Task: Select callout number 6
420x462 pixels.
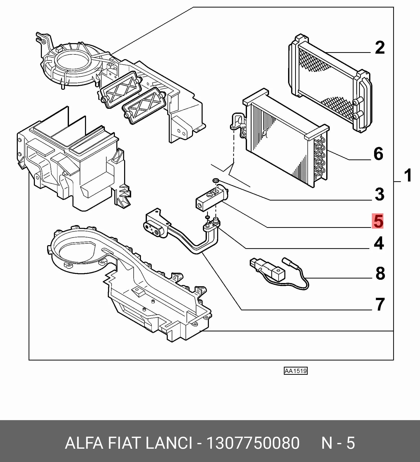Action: [x=378, y=154]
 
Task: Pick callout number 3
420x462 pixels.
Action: [x=379, y=194]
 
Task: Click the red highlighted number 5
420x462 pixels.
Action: [x=378, y=221]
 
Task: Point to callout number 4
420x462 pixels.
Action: [x=379, y=243]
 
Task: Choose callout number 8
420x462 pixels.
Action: [x=380, y=273]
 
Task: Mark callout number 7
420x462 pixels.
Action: [x=380, y=304]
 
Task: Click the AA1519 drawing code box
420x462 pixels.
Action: [x=296, y=371]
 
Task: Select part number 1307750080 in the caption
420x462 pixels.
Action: [x=253, y=443]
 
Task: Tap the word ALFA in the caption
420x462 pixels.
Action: [x=84, y=443]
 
